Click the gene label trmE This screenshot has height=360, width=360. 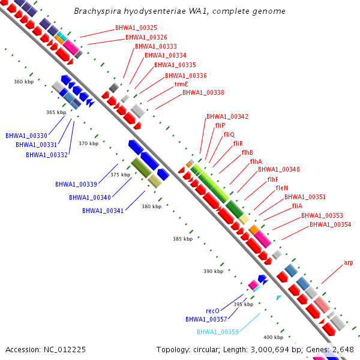(x=181, y=84)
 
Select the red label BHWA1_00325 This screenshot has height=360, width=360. (x=136, y=28)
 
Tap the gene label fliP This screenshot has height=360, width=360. (x=220, y=125)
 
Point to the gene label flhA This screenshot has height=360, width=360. (x=256, y=161)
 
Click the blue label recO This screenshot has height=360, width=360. (x=212, y=311)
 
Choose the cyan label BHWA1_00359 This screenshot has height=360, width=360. (x=218, y=332)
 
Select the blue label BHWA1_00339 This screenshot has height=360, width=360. (x=76, y=184)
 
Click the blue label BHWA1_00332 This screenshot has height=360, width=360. (x=47, y=155)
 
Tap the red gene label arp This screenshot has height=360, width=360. (x=348, y=263)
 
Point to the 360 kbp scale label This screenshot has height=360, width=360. (x=23, y=82)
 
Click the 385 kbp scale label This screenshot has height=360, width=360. (x=183, y=239)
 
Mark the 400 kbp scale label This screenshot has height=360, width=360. (x=273, y=337)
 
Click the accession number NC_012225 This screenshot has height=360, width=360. (x=65, y=350)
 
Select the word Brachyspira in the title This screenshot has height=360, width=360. (x=98, y=11)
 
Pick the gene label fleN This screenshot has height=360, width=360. (x=282, y=188)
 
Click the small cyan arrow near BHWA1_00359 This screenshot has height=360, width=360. (x=279, y=298)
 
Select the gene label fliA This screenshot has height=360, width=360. (x=297, y=206)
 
